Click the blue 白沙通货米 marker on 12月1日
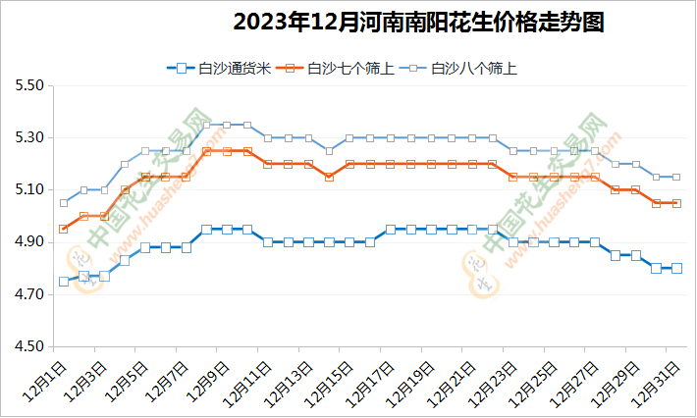click(x=64, y=282)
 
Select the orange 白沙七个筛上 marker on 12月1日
click(x=64, y=229)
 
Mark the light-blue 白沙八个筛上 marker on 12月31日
click(x=676, y=177)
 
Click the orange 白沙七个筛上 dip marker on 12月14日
click(x=329, y=177)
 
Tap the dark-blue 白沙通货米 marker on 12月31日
click(x=676, y=268)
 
